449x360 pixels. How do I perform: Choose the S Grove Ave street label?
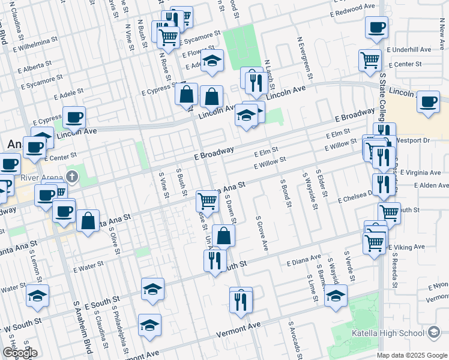coord(260,235)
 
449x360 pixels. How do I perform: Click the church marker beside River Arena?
coord(72,176)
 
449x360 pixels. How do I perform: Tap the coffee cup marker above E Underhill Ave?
coord(376,28)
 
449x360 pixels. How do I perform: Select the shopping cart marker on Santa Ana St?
coord(208,200)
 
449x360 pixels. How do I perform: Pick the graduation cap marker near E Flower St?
coord(211,61)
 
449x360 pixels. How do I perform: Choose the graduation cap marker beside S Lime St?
coord(336,295)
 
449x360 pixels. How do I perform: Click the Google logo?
coord(20,353)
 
